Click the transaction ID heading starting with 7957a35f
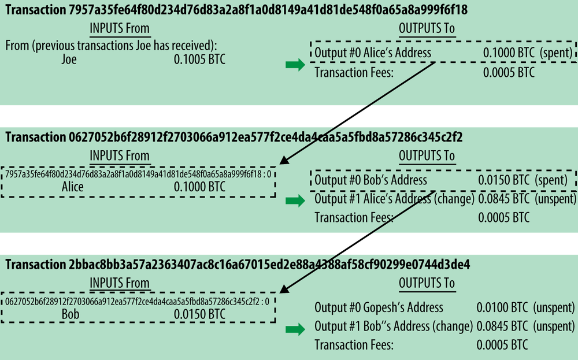tap(236, 10)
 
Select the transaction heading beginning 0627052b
tap(234, 137)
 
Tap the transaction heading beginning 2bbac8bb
tap(238, 265)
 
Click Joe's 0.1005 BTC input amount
tap(199, 60)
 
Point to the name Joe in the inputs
tap(69, 60)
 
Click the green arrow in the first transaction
tap(295, 65)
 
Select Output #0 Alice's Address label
tap(373, 53)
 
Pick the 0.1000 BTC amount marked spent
tap(509, 53)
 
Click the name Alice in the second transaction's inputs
tap(73, 187)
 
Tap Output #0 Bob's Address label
tap(370, 180)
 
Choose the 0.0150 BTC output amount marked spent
tap(503, 180)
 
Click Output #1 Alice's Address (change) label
tap(394, 199)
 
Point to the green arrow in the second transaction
tap(295, 201)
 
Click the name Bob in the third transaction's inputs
tap(71, 314)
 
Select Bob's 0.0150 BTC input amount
tap(199, 314)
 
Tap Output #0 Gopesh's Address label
tap(379, 307)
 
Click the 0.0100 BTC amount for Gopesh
tap(502, 307)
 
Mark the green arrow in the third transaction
tap(295, 329)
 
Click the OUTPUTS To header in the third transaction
tap(427, 283)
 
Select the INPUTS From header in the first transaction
tap(120, 28)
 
